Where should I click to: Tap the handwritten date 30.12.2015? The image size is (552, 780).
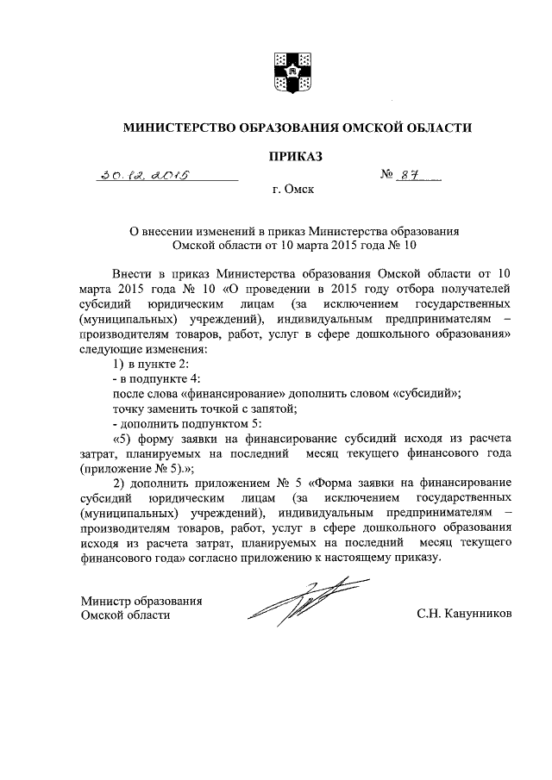144,176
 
